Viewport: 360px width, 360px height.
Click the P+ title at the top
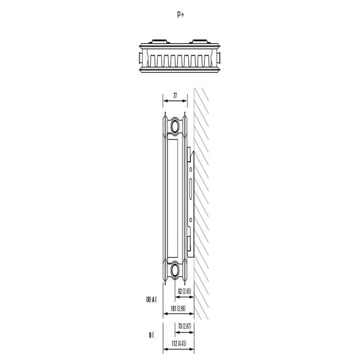180,15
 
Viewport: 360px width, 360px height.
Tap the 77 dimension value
175,96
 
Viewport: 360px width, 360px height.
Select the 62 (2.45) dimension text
185,291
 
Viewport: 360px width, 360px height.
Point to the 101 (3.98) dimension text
178,308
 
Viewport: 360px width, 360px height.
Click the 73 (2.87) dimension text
185,326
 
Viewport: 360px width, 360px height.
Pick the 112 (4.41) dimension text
179,343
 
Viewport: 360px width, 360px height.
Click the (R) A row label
151,300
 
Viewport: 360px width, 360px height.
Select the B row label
151,335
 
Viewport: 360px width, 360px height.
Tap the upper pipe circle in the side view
175,126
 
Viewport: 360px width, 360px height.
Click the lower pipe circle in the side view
175,269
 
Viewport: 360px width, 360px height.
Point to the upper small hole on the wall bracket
190,170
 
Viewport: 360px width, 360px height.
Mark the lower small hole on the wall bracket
190,220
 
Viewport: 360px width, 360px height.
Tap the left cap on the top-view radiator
160,41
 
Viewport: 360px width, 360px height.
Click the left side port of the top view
141,58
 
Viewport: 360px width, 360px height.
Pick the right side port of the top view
219,58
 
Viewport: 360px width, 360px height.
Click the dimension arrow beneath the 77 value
175,101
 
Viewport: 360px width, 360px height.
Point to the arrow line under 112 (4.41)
179,349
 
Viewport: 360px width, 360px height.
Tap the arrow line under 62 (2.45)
185,297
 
